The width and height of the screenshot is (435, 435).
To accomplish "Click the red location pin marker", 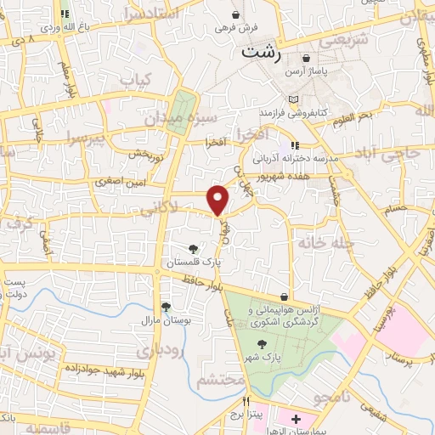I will tap(219, 200).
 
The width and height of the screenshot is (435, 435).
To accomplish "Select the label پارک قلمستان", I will tap(195, 263).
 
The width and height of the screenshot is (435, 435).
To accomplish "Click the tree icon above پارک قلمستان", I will tap(195, 249).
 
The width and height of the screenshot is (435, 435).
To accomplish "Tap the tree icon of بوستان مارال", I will tap(166, 308).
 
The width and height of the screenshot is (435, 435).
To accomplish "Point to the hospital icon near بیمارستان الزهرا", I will tap(295, 419).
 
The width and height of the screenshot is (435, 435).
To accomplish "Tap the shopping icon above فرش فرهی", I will tap(235, 14).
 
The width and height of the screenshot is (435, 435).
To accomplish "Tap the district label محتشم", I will tap(221, 381).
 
